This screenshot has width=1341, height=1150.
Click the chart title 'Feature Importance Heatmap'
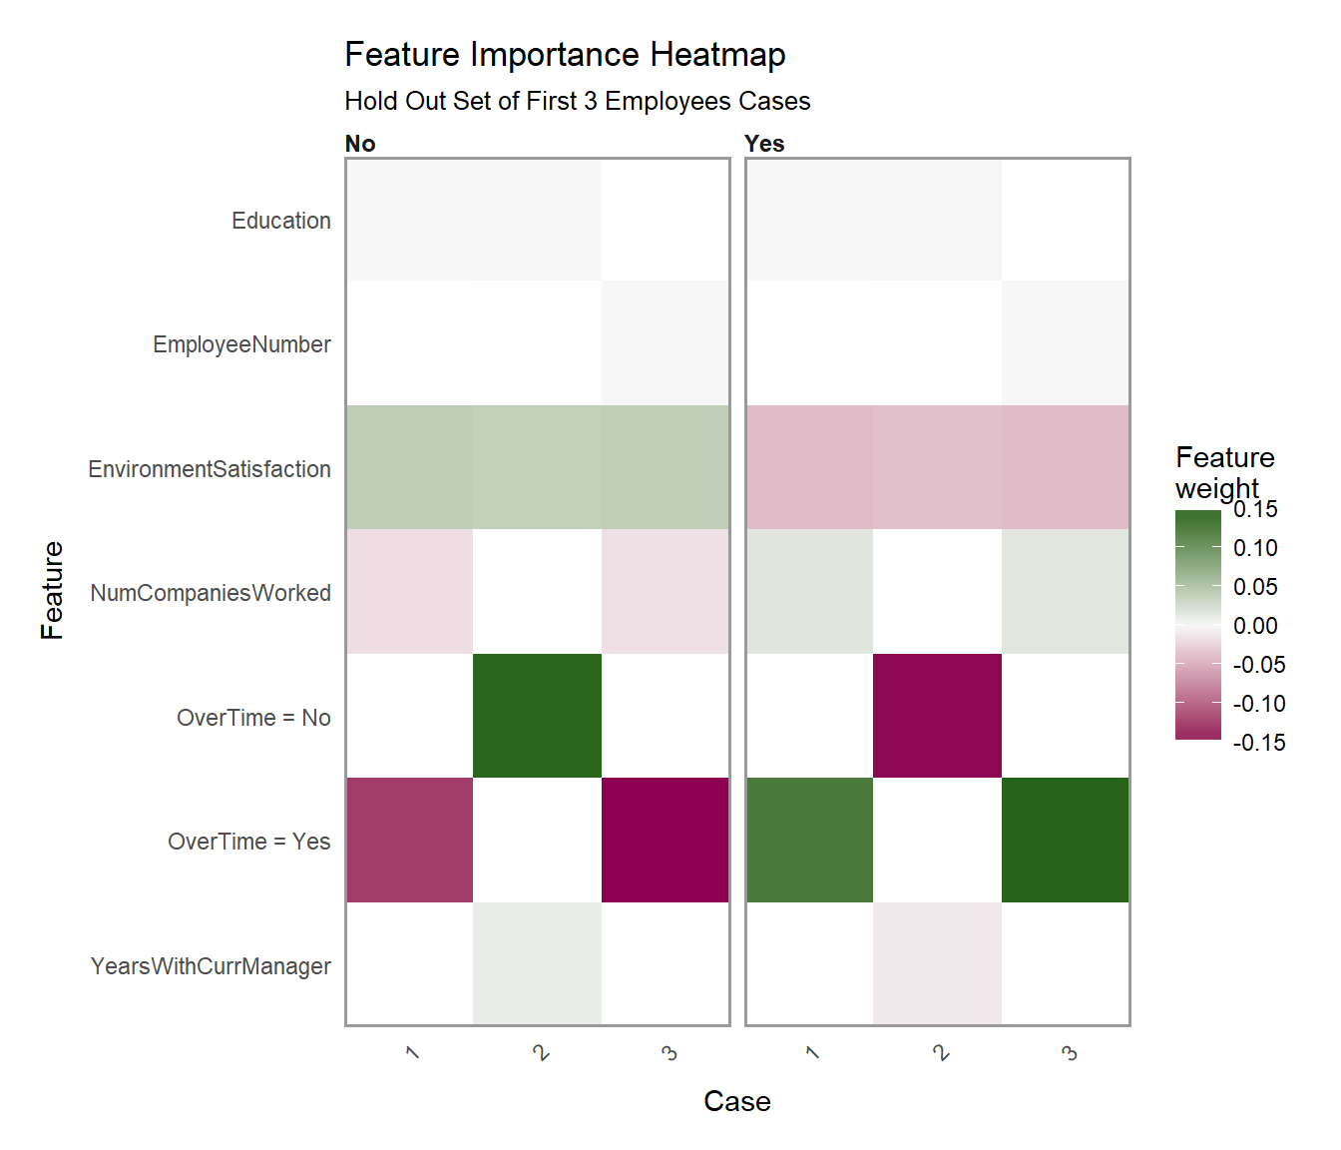click(565, 55)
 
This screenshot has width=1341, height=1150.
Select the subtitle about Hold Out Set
click(577, 102)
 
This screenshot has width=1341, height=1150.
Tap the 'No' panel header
click(360, 144)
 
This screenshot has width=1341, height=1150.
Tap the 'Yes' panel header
click(764, 144)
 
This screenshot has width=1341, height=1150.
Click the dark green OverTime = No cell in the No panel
click(537, 716)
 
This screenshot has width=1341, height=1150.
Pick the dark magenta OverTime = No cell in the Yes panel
click(937, 716)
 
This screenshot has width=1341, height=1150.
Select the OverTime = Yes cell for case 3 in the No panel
click(666, 840)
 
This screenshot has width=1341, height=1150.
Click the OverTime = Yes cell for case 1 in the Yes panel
click(809, 840)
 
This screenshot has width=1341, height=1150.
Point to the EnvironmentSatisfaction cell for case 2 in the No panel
click(537, 467)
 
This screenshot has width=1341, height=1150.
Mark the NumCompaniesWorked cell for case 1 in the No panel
click(409, 592)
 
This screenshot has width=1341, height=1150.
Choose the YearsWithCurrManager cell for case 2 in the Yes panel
click(937, 964)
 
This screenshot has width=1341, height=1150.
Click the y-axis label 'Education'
click(280, 221)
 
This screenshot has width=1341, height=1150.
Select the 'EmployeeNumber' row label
click(241, 344)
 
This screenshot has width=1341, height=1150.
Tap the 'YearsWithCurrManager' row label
click(211, 966)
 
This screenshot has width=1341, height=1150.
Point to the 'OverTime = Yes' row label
click(248, 842)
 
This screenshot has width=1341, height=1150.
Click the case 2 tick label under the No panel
click(541, 1053)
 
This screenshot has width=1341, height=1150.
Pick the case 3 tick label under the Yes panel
click(1069, 1053)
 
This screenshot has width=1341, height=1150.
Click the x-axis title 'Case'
click(736, 1101)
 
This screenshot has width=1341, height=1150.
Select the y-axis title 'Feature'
click(52, 590)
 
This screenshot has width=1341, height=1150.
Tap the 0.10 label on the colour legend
click(1255, 548)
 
